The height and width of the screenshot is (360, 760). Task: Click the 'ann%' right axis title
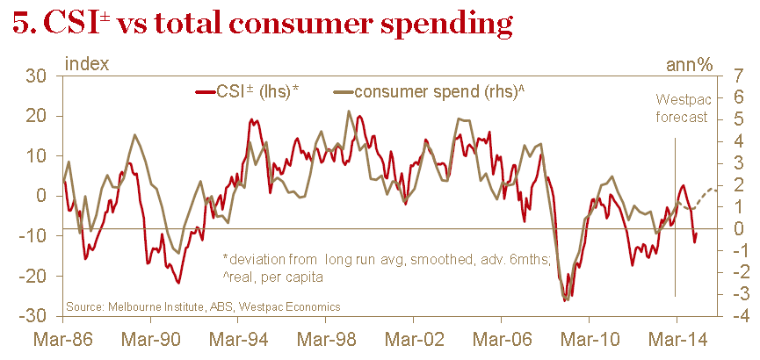click(689, 63)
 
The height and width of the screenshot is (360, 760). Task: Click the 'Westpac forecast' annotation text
click(681, 108)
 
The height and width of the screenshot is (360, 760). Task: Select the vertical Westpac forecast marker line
click(675, 220)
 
